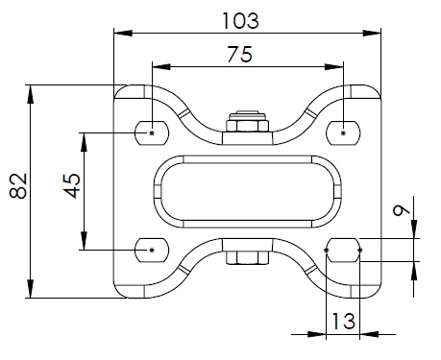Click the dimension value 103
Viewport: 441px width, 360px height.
tap(240, 21)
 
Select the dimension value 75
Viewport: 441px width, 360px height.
tap(240, 55)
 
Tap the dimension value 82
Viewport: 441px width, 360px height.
tap(18, 186)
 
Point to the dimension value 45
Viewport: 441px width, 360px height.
tap(72, 186)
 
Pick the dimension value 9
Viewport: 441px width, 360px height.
tap(402, 210)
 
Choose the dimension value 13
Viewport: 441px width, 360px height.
tap(343, 321)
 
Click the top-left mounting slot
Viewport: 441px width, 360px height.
tap(152, 133)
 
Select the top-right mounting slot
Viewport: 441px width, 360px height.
tap(343, 133)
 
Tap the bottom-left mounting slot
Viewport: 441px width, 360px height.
tap(152, 251)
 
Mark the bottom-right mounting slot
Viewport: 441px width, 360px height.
tap(343, 251)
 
